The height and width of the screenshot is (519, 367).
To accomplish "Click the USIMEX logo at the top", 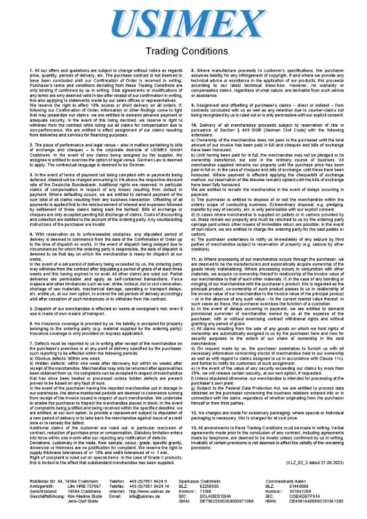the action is point(182,24).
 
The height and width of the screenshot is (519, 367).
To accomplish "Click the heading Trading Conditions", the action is point(183,51).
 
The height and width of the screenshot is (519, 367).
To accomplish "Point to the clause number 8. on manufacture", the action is point(194,72).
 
